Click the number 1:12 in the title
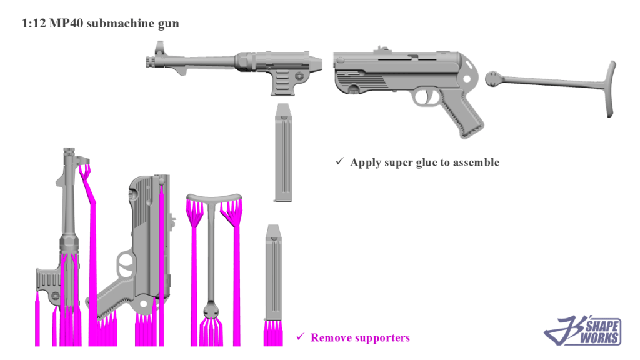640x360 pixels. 33,24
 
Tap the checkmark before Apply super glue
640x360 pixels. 340,162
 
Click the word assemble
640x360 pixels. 476,162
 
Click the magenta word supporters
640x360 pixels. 381,338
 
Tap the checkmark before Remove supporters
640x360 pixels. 300,337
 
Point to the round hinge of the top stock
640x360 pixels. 494,77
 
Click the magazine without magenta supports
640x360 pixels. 283,153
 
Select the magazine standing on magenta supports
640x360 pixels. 273,275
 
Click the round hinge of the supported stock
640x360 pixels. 211,311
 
